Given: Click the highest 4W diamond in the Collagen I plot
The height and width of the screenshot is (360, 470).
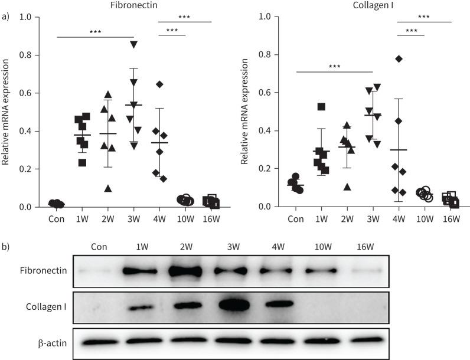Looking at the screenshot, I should pyautogui.click(x=399, y=58).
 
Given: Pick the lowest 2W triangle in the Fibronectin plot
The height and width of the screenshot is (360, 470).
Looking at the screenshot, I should pyautogui.click(x=107, y=188).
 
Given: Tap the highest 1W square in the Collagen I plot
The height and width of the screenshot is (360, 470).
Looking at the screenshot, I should pyautogui.click(x=321, y=107).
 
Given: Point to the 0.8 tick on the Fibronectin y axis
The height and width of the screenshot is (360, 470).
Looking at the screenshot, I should pyautogui.click(x=33, y=55).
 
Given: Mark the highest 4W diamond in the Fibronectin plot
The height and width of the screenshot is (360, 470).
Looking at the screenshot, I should pyautogui.click(x=159, y=84).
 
